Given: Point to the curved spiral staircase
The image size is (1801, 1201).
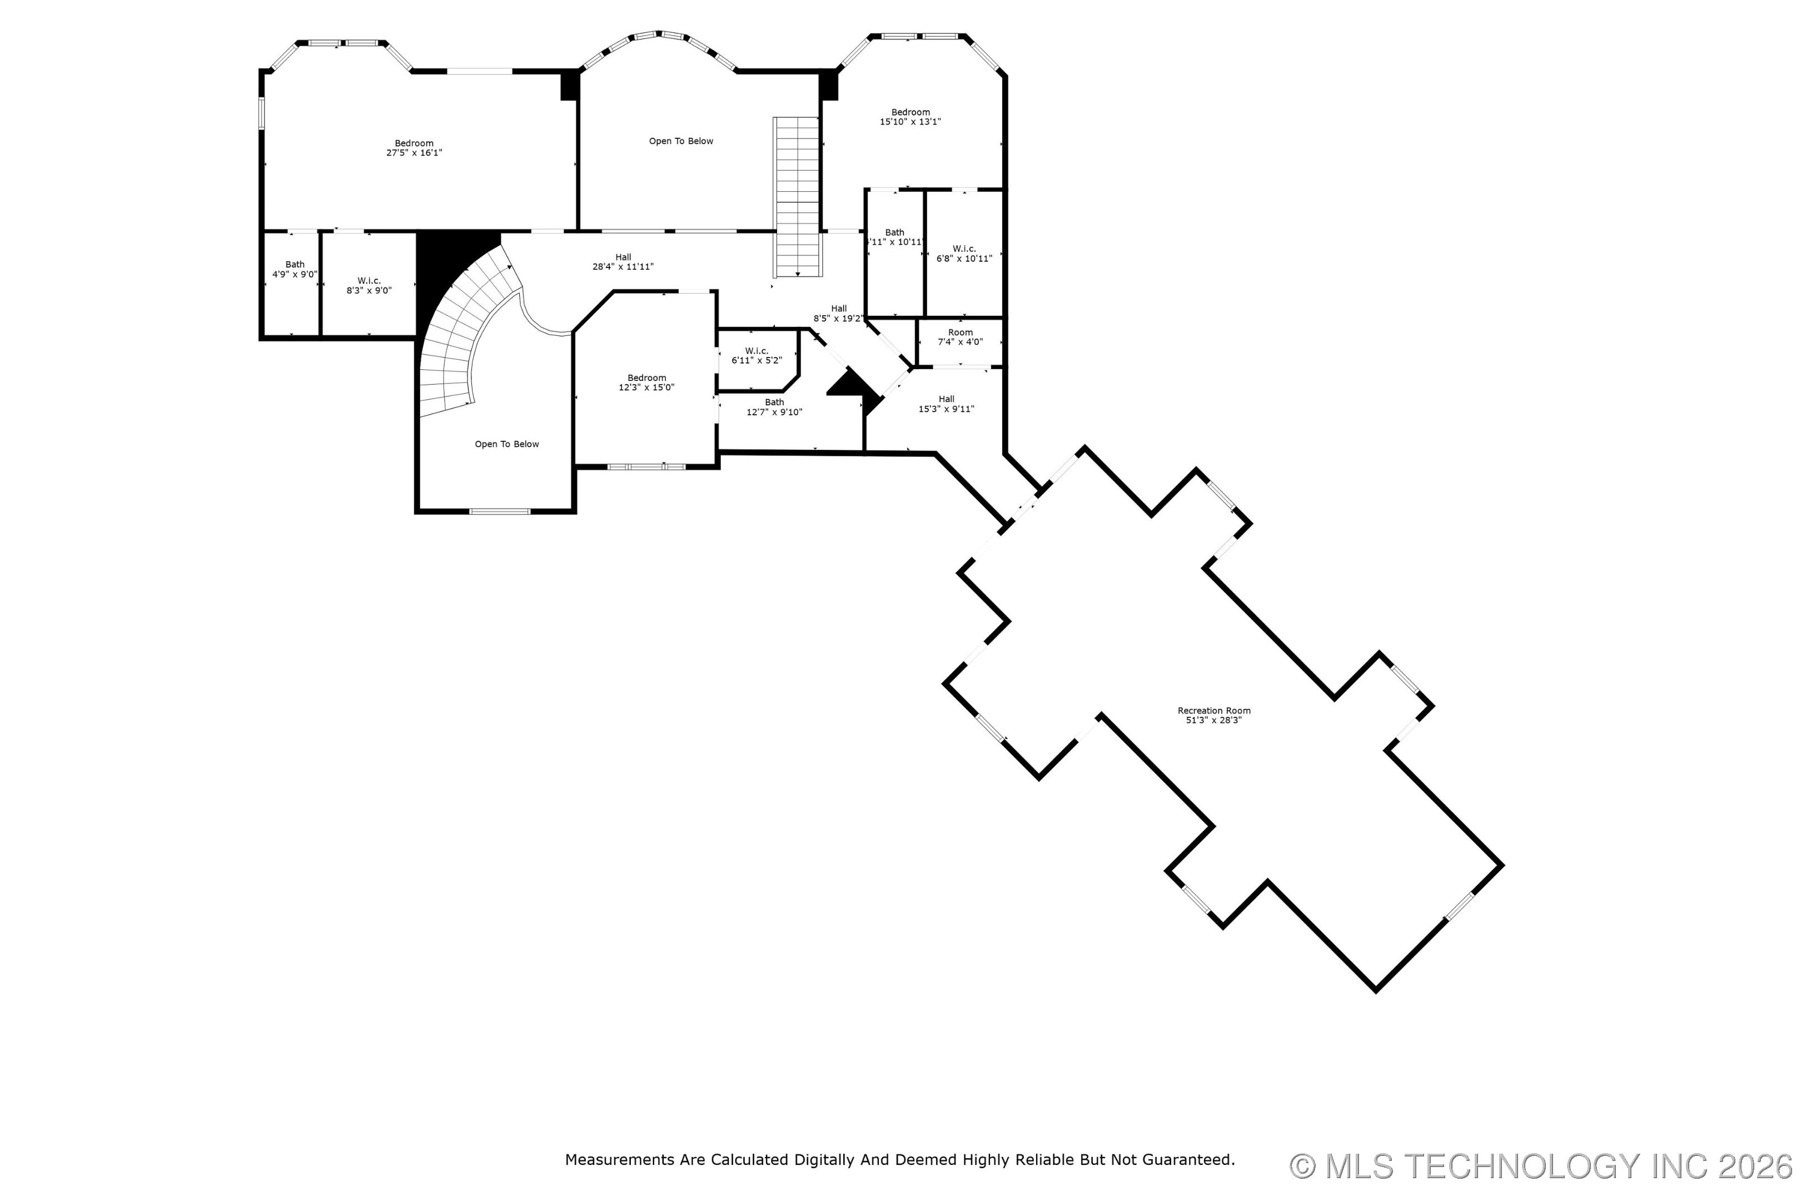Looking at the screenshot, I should (x=460, y=329).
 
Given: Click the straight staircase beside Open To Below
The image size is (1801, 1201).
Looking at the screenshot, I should (x=797, y=197).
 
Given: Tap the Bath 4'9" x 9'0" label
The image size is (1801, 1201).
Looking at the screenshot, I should (x=295, y=270).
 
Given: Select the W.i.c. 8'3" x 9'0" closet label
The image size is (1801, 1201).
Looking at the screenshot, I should (x=369, y=286).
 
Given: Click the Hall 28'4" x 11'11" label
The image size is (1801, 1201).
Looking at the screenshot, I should (x=623, y=262).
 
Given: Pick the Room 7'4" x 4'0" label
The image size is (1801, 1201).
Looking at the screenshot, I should (x=960, y=337).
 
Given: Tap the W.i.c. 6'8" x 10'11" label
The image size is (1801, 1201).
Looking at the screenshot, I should (x=964, y=254).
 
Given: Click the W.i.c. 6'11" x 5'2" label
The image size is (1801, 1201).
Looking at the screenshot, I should (x=757, y=355).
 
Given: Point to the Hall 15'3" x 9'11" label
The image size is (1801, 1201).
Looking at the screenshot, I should (x=947, y=404).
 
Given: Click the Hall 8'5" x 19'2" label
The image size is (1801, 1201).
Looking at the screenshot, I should (x=838, y=313).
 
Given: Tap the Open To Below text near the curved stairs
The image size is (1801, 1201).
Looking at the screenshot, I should (x=507, y=444).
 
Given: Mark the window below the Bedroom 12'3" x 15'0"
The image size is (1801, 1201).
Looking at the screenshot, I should (x=646, y=466).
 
